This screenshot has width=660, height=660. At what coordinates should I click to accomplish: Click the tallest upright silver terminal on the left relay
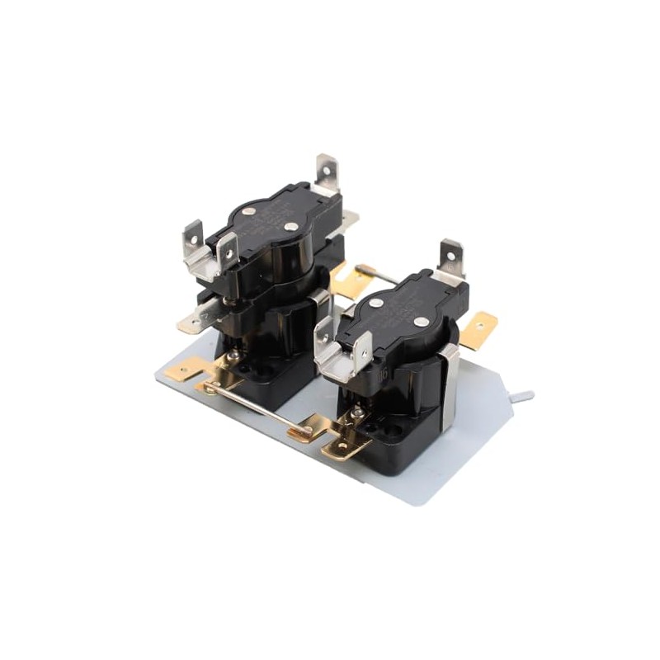(x=328, y=172)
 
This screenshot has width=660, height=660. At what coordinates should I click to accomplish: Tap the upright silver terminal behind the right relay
(x=450, y=256)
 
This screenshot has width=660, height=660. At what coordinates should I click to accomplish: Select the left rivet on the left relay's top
(x=250, y=212)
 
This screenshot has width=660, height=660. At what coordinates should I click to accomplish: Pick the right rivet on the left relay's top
(x=291, y=226)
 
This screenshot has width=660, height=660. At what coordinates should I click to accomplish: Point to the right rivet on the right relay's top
(x=420, y=321)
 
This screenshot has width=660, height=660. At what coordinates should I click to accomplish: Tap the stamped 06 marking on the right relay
(x=383, y=374)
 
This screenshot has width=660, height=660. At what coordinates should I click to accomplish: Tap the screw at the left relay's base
(x=234, y=356)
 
